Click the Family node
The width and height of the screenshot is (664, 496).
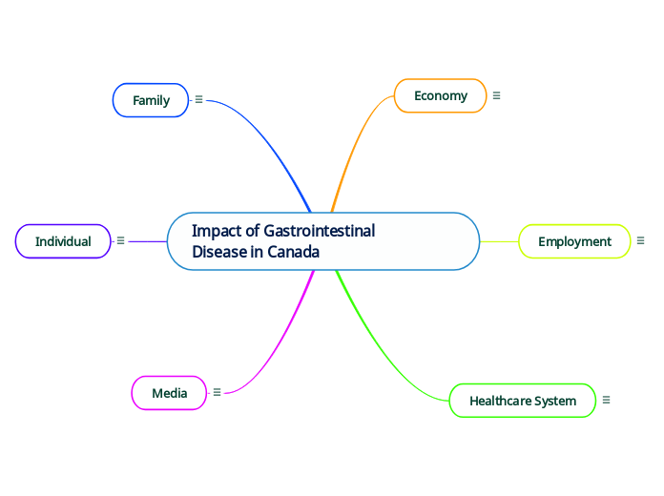pos(151,100)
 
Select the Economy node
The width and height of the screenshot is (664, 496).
pos(440,95)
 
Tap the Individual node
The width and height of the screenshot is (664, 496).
pos(63,241)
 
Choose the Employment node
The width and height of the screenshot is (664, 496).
pos(574,241)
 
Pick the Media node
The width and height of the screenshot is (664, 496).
pos(169,392)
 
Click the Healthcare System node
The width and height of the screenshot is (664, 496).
pos(522,401)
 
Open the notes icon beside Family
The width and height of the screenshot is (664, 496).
pos(198,99)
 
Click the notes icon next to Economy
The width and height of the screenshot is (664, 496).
pos(496,95)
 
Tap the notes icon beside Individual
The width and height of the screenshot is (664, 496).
pos(120,241)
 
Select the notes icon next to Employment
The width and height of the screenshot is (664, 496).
pos(640,241)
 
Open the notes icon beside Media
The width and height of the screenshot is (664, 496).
pos(217,392)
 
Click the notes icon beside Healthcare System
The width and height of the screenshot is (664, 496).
pos(606,401)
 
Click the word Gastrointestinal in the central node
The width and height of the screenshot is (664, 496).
pos(319,231)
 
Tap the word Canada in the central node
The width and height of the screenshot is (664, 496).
pos(293,253)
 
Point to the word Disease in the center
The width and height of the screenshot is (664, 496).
pos(219,253)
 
